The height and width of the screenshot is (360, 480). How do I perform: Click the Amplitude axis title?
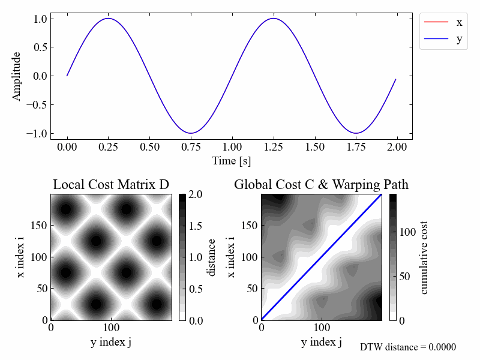[x=17, y=76]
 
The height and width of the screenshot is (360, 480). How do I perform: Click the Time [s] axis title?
[x=232, y=161]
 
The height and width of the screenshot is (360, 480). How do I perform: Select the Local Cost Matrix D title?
[x=111, y=185]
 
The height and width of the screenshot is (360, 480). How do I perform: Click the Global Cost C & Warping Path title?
[x=321, y=185]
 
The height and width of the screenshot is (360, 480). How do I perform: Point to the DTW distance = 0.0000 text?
[x=408, y=347]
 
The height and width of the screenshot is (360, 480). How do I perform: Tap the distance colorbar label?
[x=211, y=257]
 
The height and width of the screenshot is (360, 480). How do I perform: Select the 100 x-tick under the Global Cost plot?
[x=322, y=328]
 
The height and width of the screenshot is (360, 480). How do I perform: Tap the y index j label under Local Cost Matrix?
[x=111, y=342]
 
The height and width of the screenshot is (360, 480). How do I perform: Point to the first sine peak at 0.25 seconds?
[x=109, y=19]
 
